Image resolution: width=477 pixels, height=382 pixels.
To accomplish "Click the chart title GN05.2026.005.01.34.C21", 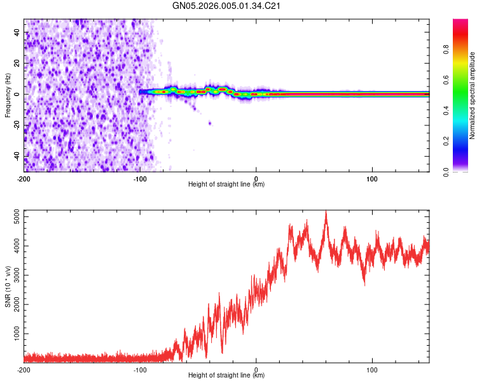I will pos(227,6).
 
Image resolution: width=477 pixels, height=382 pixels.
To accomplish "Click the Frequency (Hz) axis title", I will pos(8,94).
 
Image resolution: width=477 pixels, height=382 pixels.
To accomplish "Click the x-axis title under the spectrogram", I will pos(226,185).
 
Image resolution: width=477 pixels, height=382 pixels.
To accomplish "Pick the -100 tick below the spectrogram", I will pos(140,178).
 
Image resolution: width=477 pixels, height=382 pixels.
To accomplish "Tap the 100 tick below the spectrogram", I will pos(372,178).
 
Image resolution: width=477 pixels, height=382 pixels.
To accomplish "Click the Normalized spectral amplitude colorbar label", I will pos(473,95).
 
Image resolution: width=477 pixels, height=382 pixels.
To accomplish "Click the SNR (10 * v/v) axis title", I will pos(8,286).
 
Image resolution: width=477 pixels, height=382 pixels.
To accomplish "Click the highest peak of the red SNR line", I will pos(326,211).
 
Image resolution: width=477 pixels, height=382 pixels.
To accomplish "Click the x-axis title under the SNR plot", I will pos(226,376).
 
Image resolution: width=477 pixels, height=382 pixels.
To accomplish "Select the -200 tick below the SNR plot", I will pos(24,369).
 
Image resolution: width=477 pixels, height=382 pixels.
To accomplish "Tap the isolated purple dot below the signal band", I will pos(210,123).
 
